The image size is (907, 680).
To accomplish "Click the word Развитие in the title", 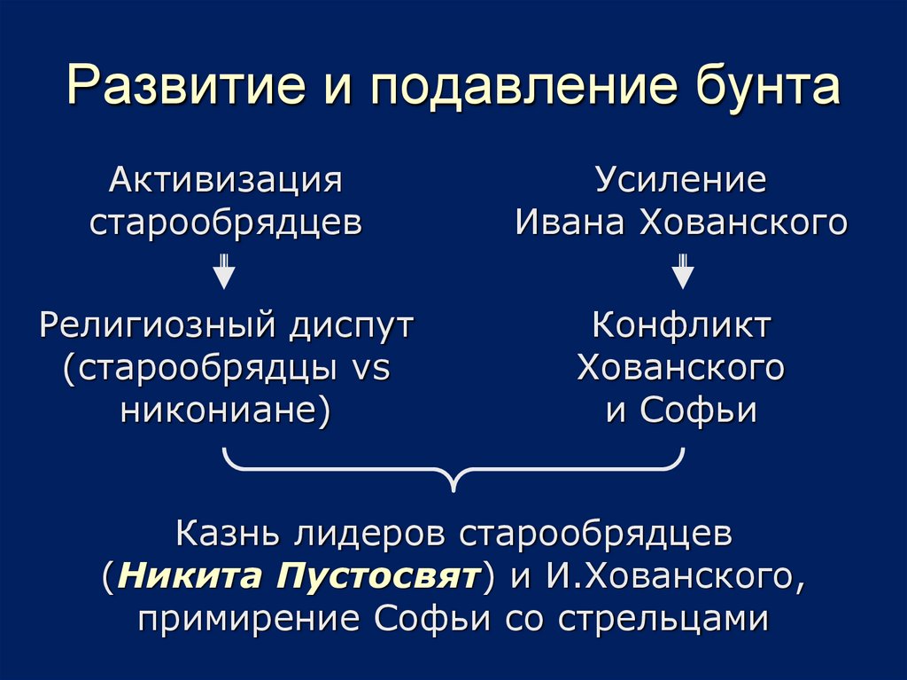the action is tap(177, 88).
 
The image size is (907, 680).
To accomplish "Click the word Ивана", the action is tap(568, 223).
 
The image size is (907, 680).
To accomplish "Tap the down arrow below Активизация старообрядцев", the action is tap(225, 271).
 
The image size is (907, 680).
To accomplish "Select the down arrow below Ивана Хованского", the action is tap(681, 271).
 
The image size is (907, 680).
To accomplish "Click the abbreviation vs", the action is tap(371, 368).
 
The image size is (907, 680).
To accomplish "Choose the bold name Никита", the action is tap(186, 577).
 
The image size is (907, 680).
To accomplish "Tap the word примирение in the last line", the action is tap(249, 618).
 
